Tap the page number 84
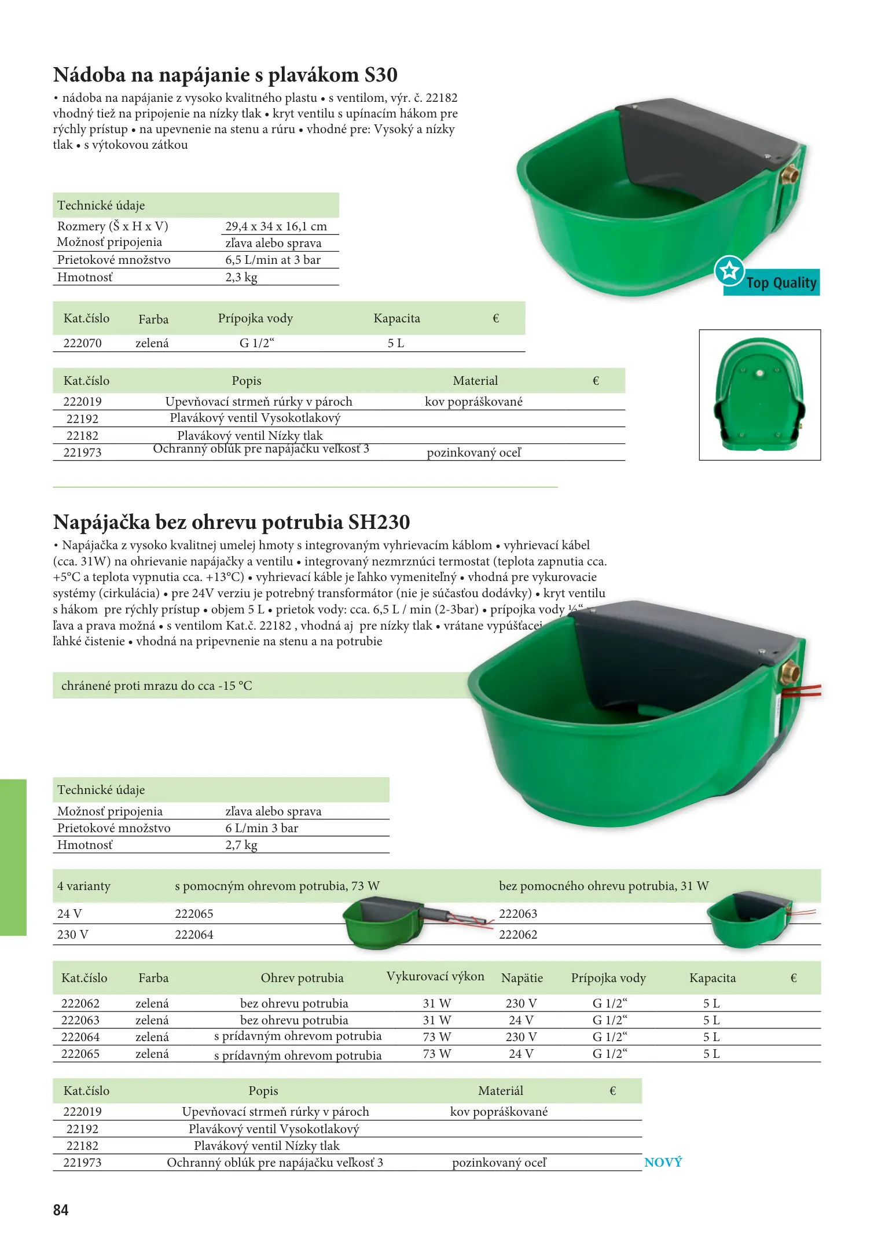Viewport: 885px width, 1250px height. (x=61, y=1210)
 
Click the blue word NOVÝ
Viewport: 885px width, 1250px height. (x=663, y=1162)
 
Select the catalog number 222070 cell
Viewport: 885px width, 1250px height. (x=82, y=343)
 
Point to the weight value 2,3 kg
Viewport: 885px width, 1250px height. (x=241, y=277)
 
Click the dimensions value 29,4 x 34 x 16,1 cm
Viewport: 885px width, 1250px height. (x=276, y=226)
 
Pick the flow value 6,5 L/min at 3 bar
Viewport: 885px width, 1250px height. (x=273, y=260)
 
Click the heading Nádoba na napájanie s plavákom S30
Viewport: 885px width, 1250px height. (x=225, y=75)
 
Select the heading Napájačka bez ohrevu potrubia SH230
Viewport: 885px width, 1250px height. (x=232, y=522)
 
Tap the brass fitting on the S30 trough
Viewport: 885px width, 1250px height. (x=789, y=174)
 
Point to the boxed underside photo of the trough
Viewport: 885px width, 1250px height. (x=759, y=395)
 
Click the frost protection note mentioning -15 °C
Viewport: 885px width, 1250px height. (x=157, y=686)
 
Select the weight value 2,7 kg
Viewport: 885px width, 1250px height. (x=241, y=845)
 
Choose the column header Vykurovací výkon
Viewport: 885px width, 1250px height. (x=435, y=977)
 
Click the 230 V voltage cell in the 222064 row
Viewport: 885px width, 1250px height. (x=521, y=1037)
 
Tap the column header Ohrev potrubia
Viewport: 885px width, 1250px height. (x=302, y=978)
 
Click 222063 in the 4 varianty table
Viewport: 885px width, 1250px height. (x=518, y=914)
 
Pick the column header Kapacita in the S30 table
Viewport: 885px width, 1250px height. (x=396, y=318)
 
